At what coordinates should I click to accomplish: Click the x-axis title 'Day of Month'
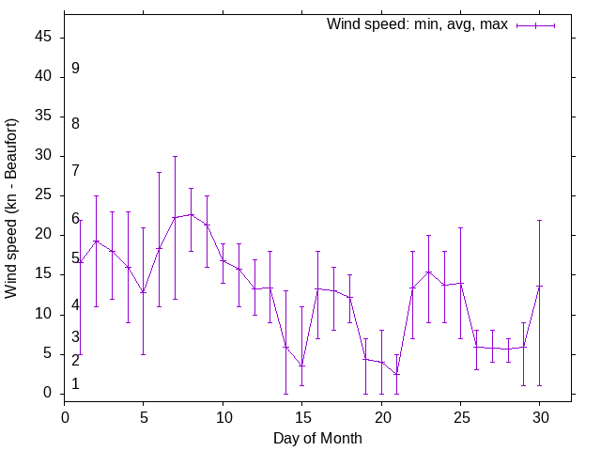pyautogui.click(x=317, y=438)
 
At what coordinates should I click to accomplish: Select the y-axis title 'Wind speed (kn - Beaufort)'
pyautogui.click(x=12, y=209)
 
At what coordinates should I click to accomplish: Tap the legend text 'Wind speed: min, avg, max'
pyautogui.click(x=417, y=24)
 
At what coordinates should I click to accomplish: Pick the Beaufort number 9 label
pyautogui.click(x=75, y=69)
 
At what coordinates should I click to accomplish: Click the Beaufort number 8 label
pyautogui.click(x=75, y=123)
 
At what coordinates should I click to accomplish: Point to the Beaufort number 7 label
pyautogui.click(x=75, y=170)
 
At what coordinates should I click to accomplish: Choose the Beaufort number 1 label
pyautogui.click(x=75, y=383)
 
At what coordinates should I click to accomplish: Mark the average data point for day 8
pyautogui.click(x=191, y=214)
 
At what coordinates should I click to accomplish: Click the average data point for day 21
pyautogui.click(x=397, y=374)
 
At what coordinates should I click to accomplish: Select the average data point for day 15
pyautogui.click(x=301, y=365)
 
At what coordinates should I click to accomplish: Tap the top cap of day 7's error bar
pyautogui.click(x=175, y=156)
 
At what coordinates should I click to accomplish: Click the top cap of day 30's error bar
pyautogui.click(x=539, y=220)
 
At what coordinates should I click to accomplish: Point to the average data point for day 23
pyautogui.click(x=428, y=272)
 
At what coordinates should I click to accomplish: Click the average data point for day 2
pyautogui.click(x=96, y=241)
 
